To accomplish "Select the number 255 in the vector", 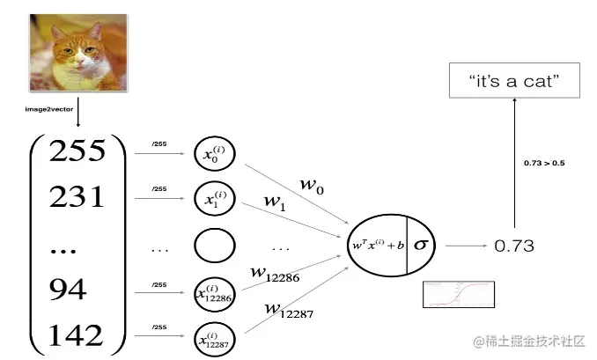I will [77, 151].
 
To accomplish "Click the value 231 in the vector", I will [77, 198].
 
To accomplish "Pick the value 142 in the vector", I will [77, 335].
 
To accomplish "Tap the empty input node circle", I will [215, 247].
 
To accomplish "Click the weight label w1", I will [274, 202].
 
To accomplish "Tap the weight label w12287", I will [291, 309].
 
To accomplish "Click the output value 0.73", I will [513, 246].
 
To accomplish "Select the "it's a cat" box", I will [515, 82].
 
